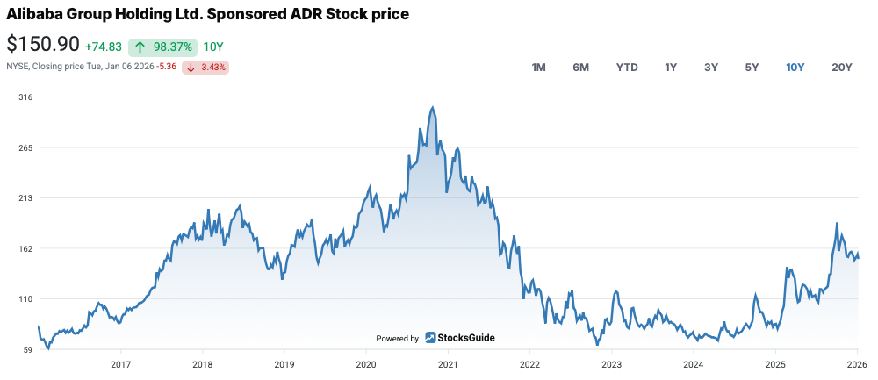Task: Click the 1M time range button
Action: [539, 68]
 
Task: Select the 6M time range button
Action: [580, 68]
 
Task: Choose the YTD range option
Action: [627, 68]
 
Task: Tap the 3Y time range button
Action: [711, 68]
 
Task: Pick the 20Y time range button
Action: [842, 68]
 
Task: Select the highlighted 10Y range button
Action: [795, 68]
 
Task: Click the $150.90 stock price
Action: [43, 45]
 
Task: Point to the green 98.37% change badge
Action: [162, 47]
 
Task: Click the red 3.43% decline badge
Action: [205, 67]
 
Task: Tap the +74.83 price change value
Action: [104, 47]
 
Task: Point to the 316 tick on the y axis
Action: [25, 97]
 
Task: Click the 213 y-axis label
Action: [25, 198]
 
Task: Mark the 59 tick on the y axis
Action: [27, 350]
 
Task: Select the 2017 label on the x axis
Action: [120, 364]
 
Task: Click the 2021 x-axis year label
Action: [448, 364]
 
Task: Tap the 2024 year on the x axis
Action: [693, 364]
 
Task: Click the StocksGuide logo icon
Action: [431, 338]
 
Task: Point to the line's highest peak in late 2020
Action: [433, 108]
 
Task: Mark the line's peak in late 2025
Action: [837, 224]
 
